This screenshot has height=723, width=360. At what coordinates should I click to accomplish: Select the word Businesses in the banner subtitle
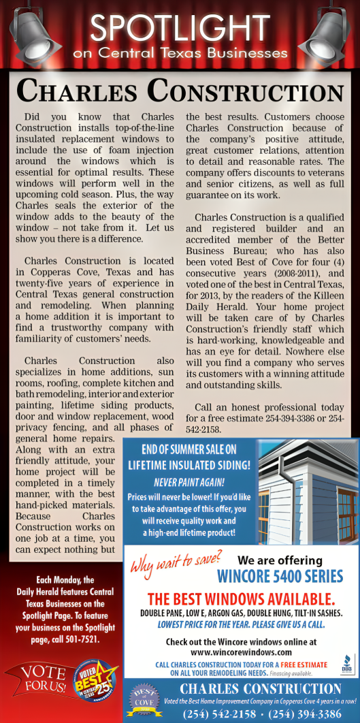point(240,52)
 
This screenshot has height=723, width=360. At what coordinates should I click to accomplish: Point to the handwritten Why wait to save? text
point(175,563)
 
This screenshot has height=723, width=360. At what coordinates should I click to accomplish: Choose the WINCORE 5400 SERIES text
point(280,577)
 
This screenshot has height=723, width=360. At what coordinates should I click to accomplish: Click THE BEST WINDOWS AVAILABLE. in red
point(241,599)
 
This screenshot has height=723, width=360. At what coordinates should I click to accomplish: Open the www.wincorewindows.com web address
point(241,651)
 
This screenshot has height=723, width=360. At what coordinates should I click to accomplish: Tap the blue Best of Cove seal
point(142,701)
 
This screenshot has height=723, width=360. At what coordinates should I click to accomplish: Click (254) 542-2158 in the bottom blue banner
point(220,713)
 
